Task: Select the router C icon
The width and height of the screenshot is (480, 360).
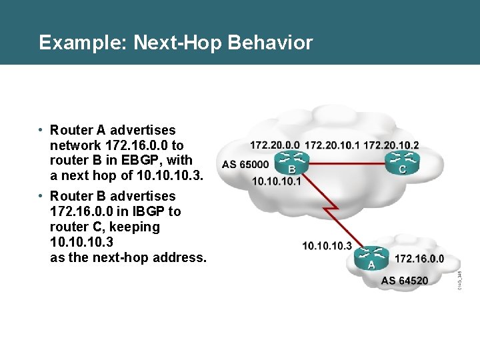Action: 402,160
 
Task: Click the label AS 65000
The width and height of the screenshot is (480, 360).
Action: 246,165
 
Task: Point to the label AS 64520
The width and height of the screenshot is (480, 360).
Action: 405,280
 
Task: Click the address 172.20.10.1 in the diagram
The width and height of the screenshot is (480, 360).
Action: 332,145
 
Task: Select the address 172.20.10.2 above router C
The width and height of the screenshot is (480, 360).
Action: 391,145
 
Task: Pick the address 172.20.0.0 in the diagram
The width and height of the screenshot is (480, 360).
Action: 275,145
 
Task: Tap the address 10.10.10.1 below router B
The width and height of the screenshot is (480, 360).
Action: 277,181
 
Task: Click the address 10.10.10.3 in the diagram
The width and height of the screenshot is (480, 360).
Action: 327,245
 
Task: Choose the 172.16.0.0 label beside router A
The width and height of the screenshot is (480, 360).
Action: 419,259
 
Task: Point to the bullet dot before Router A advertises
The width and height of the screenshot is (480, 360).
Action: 41,130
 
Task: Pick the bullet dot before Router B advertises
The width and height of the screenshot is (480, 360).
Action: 41,196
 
